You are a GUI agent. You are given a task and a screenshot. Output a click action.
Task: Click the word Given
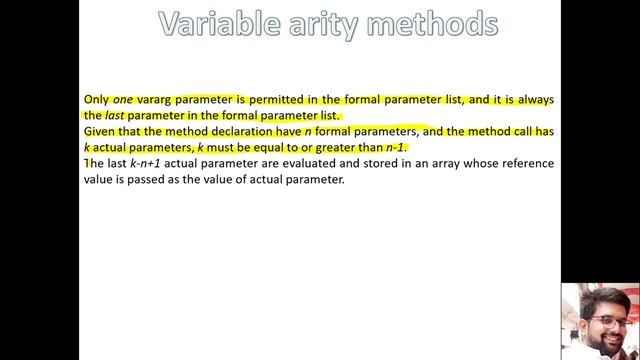point(101,131)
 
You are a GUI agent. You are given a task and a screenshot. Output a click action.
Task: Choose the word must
point(223,147)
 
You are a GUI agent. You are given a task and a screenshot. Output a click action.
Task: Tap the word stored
point(387,163)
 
